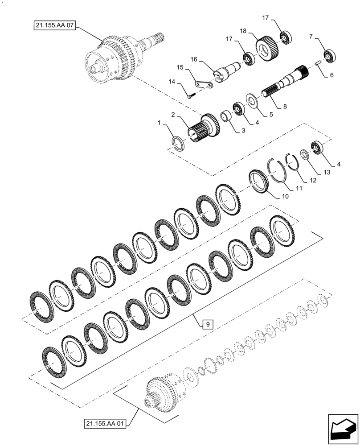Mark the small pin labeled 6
coord(318,65)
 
